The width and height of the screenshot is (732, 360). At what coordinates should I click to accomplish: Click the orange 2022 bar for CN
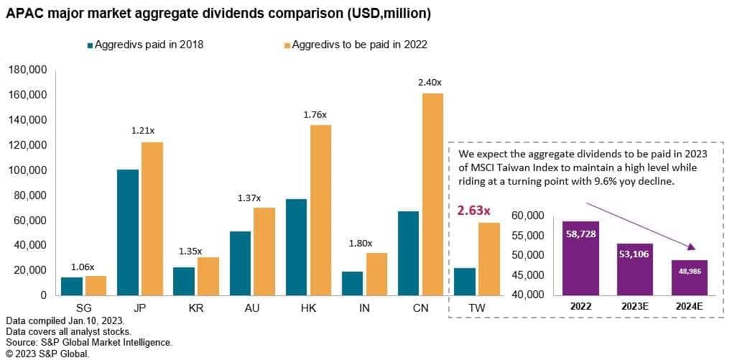(432, 194)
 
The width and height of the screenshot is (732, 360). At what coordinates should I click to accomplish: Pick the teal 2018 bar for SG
(72, 286)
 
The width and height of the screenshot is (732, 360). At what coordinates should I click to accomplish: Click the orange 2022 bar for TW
(488, 259)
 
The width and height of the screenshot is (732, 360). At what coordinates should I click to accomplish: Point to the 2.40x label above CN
(430, 82)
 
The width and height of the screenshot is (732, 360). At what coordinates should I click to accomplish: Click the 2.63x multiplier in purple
(475, 211)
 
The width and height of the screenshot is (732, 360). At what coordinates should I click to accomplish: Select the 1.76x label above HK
(313, 114)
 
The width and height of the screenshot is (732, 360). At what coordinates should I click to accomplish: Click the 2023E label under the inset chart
(635, 305)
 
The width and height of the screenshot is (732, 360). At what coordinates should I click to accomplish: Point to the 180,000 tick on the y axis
(27, 70)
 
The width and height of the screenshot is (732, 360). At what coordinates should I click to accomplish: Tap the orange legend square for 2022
(287, 45)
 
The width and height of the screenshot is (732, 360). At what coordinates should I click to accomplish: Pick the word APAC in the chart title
(25, 14)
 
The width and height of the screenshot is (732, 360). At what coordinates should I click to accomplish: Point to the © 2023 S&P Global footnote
(47, 354)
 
